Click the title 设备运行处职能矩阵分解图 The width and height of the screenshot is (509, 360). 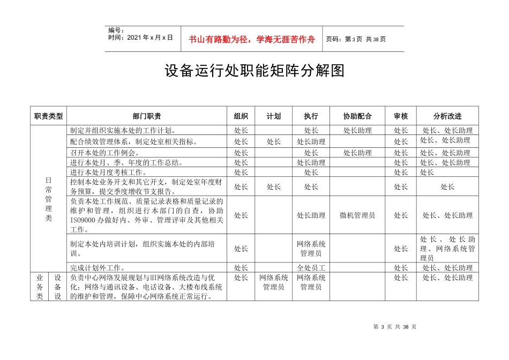click(x=254, y=71)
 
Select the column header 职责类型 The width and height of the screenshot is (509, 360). click(x=49, y=116)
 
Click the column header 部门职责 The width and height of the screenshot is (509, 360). click(x=147, y=116)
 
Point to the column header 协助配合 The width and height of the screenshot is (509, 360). click(x=357, y=116)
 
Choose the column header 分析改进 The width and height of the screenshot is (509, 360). click(x=447, y=116)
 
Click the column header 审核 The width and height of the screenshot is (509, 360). click(x=401, y=116)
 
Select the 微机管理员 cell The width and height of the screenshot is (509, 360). click(x=357, y=215)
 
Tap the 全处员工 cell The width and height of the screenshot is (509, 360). click(x=311, y=268)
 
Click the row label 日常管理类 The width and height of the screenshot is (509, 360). click(x=49, y=199)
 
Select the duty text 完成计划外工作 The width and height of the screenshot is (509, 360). click(x=98, y=268)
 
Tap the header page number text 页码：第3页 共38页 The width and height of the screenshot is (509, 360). click(x=356, y=39)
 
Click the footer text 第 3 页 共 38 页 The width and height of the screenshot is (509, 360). click(x=394, y=327)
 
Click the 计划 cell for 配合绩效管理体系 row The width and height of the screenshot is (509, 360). click(x=274, y=142)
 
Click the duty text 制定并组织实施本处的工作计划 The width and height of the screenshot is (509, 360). click(x=123, y=130)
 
